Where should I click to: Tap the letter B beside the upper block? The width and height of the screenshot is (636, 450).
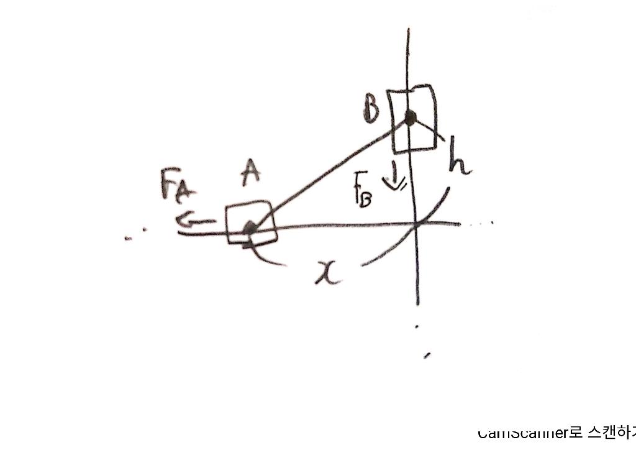point(372,111)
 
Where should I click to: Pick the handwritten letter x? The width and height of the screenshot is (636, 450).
point(328,272)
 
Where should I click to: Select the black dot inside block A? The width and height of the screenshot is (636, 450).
point(250,228)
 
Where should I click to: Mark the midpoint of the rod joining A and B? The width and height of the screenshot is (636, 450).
point(330,172)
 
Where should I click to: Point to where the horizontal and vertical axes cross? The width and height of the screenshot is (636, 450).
point(416,224)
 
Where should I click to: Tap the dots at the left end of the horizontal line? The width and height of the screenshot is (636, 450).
point(135,233)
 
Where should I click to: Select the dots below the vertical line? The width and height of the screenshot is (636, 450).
point(422,341)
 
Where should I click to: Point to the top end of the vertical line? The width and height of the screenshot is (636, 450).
point(407,30)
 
